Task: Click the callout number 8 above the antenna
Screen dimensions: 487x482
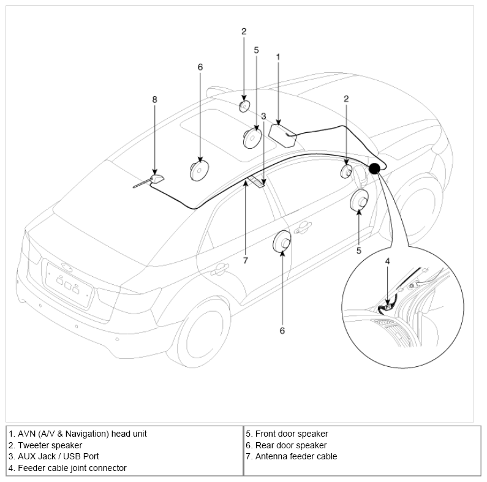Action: pyautogui.click(x=154, y=99)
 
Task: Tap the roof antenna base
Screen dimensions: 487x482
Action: pyautogui.click(x=157, y=179)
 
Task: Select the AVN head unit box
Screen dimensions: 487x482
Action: pyautogui.click(x=282, y=136)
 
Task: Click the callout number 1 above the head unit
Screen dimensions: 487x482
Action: pyautogui.click(x=278, y=57)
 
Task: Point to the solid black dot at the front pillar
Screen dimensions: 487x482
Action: pyautogui.click(x=374, y=168)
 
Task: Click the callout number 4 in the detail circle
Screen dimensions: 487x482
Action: pyautogui.click(x=387, y=261)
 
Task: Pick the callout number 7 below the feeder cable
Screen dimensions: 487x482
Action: pyautogui.click(x=246, y=260)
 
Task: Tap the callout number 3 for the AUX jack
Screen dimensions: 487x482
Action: pyautogui.click(x=263, y=116)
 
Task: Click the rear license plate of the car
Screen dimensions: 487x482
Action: pyautogui.click(x=69, y=285)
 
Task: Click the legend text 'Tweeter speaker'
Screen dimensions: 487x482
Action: pyautogui.click(x=50, y=445)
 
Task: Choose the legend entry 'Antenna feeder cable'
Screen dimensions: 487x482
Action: pyautogui.click(x=296, y=456)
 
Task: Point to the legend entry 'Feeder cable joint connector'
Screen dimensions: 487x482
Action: pyautogui.click(x=72, y=468)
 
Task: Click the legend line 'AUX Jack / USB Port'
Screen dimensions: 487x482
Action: pyautogui.click(x=58, y=456)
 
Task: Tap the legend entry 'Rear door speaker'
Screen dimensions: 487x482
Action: pyautogui.click(x=291, y=445)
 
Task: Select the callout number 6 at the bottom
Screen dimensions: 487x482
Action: pyautogui.click(x=282, y=331)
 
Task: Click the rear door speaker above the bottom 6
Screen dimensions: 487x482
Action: pyautogui.click(x=282, y=241)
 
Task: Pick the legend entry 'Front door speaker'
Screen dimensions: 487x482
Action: pyautogui.click(x=292, y=434)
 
